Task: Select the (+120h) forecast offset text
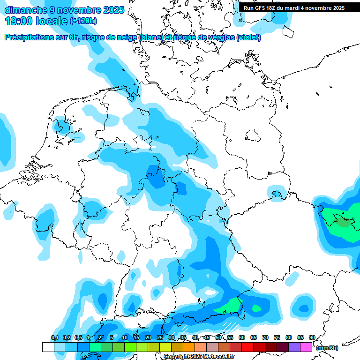click(83, 21)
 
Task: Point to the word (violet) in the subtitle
click(248, 37)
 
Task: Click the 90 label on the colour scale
click(312, 337)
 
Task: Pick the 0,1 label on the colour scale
click(54, 337)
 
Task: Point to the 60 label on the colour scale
click(242, 337)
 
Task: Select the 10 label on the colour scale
click(125, 337)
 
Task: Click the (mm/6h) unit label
click(327, 348)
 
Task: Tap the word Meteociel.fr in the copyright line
click(219, 357)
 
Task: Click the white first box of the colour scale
click(48, 347)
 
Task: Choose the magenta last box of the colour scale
click(306, 347)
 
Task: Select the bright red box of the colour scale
click(247, 347)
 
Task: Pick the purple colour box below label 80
click(294, 347)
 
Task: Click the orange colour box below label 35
click(189, 347)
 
